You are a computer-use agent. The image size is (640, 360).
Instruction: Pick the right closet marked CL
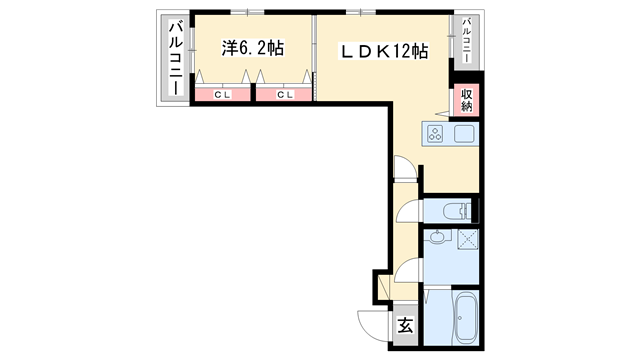tap(284, 95)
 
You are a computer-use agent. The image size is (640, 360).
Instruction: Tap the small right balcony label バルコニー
tap(467, 41)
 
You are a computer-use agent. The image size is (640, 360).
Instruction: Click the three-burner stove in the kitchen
tap(436, 133)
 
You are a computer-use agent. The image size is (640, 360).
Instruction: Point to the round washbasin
tap(436, 240)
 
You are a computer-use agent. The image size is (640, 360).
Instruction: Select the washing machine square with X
tap(467, 241)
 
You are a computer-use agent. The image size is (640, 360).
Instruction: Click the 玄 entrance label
tap(405, 325)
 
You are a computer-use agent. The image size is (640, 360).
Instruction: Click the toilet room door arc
tap(408, 211)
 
